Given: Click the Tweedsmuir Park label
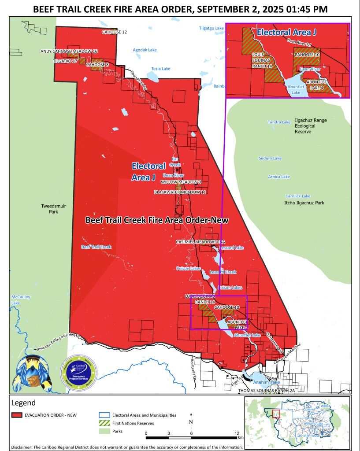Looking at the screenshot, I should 50,208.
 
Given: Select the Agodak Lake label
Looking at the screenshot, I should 145,50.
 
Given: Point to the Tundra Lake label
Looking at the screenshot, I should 279,122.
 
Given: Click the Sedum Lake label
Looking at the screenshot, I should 270,158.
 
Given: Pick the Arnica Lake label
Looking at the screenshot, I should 279,177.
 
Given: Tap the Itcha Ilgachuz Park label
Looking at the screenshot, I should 304,203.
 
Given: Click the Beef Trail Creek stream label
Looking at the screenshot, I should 96,247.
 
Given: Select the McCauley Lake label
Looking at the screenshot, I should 21,300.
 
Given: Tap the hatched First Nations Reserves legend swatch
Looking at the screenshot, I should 104,423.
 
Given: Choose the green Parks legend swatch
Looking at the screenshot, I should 104,431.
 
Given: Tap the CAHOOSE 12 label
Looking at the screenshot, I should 115,32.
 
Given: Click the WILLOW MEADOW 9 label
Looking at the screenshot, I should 181,182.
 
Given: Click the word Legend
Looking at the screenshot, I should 23,403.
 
